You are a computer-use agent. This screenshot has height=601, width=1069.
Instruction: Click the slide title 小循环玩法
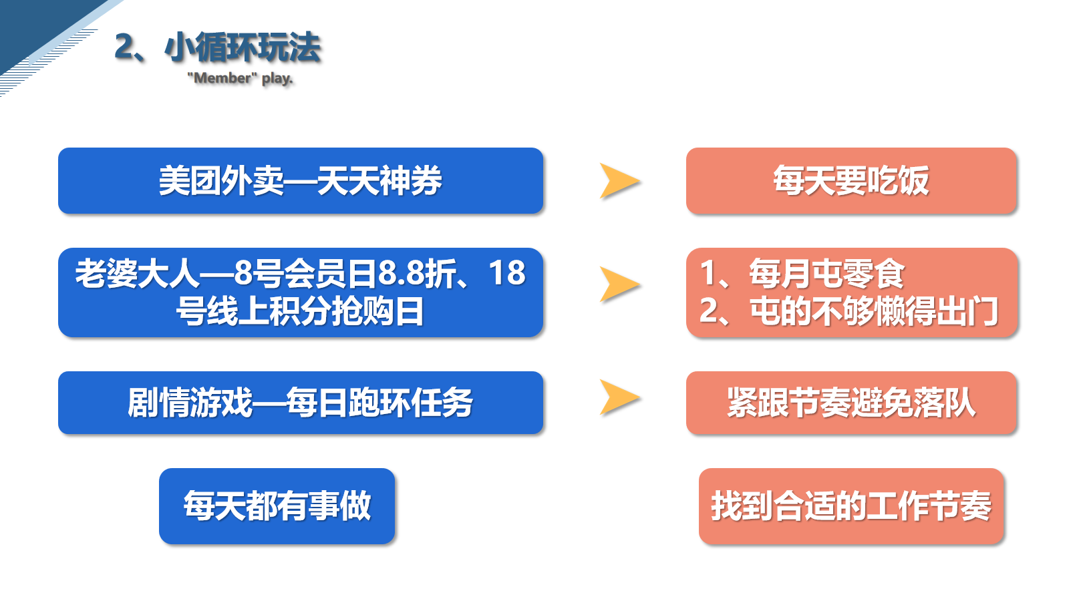click(x=243, y=47)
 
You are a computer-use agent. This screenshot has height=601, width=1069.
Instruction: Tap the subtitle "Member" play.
click(x=240, y=77)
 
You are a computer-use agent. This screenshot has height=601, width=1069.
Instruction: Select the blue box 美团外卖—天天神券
click(x=301, y=181)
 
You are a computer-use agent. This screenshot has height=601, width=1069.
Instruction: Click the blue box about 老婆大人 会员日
click(x=301, y=292)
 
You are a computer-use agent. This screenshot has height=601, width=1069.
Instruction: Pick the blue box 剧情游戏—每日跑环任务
click(x=301, y=403)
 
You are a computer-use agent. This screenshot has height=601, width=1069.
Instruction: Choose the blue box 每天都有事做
click(x=277, y=506)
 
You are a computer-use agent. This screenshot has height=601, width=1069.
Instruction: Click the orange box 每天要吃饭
click(x=851, y=181)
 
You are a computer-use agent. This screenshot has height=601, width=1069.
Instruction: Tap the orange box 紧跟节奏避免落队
click(x=851, y=403)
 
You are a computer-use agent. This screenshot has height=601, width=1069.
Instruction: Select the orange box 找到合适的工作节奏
click(x=851, y=506)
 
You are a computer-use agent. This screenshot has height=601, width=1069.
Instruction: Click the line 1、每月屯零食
click(x=802, y=273)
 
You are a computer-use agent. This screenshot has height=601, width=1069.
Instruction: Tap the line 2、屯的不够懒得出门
click(x=849, y=311)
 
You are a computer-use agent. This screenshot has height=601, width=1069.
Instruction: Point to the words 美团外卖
click(x=221, y=181)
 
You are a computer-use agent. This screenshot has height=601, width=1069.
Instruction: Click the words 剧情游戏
click(x=190, y=403)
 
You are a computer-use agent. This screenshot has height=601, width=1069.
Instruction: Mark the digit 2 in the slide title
click(x=124, y=47)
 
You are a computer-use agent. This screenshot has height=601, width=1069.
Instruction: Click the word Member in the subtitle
click(x=222, y=77)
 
